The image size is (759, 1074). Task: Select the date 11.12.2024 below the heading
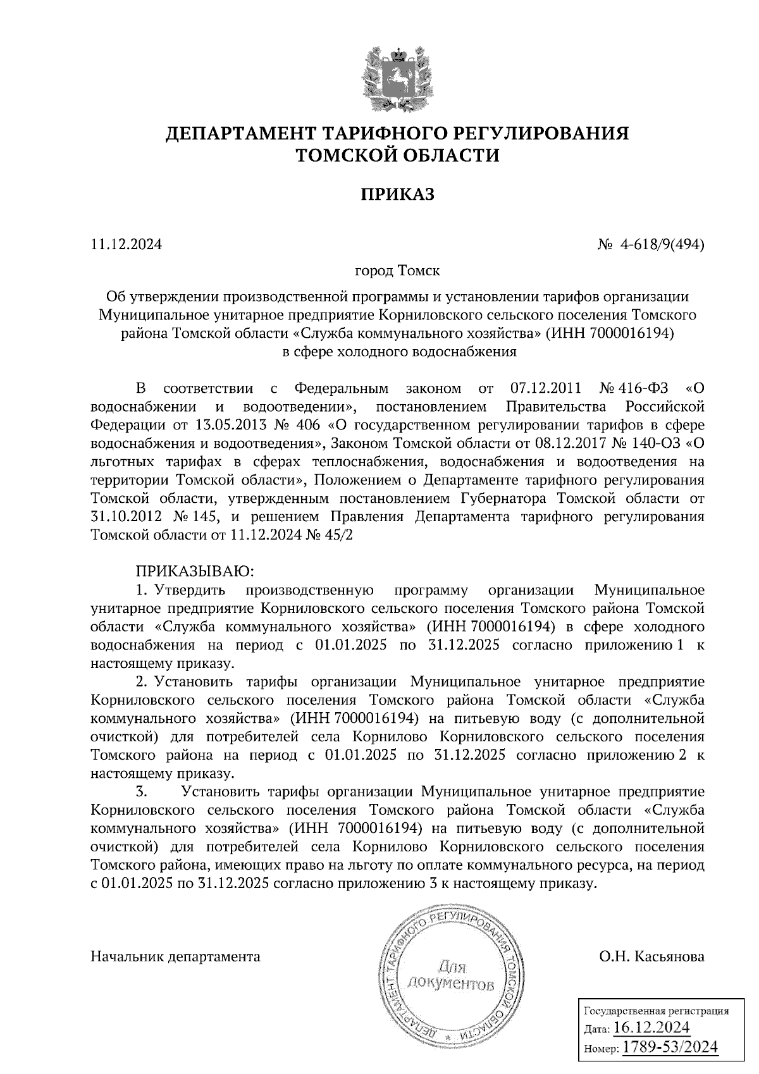coord(126,244)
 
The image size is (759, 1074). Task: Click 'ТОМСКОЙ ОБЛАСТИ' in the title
coord(397,156)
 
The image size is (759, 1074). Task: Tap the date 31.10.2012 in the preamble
coord(124,516)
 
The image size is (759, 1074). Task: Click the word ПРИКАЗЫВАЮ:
coord(195,572)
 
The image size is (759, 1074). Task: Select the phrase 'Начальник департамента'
coord(175,956)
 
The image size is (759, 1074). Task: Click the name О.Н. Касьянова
coord(651,956)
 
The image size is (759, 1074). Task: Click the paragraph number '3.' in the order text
coord(141,792)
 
